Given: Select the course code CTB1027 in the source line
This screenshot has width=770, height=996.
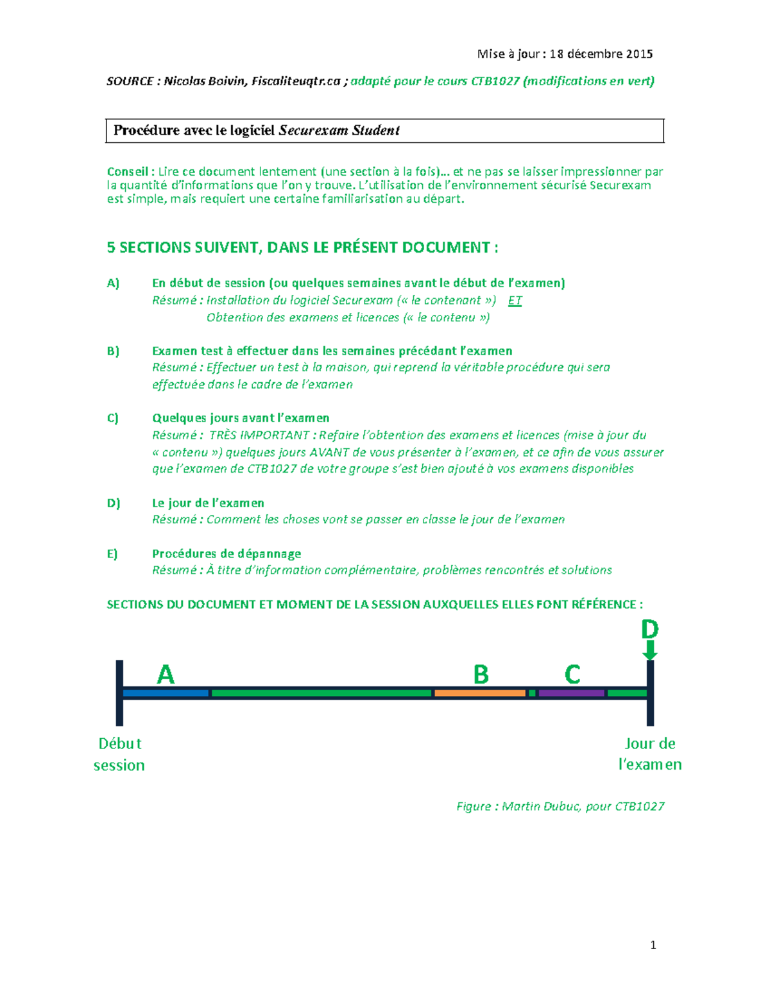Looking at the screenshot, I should click(495, 81).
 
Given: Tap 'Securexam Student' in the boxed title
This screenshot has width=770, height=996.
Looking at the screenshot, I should click(339, 130).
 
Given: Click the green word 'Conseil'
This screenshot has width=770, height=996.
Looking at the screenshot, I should click(128, 171).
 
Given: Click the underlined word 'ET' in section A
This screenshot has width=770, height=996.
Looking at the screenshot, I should click(515, 300).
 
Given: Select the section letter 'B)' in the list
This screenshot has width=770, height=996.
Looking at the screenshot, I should click(113, 351).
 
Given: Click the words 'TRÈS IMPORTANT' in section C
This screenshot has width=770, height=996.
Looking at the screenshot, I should click(259, 435).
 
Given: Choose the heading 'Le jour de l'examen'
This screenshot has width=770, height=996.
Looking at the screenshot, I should click(208, 503).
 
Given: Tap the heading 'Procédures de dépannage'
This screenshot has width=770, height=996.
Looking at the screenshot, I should click(227, 553).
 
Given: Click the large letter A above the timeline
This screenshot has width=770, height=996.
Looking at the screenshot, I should click(166, 674).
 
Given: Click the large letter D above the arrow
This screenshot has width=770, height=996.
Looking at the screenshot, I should click(649, 629).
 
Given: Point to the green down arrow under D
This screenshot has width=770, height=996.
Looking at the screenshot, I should click(650, 651).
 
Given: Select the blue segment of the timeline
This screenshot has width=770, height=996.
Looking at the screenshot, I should click(166, 693).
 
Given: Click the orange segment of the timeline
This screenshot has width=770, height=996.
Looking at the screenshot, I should click(479, 693).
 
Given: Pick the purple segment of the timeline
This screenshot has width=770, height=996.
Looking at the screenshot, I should click(571, 693).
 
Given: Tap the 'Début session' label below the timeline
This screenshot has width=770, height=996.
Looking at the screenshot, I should click(119, 754).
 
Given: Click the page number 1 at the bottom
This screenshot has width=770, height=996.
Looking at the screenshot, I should click(653, 945).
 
